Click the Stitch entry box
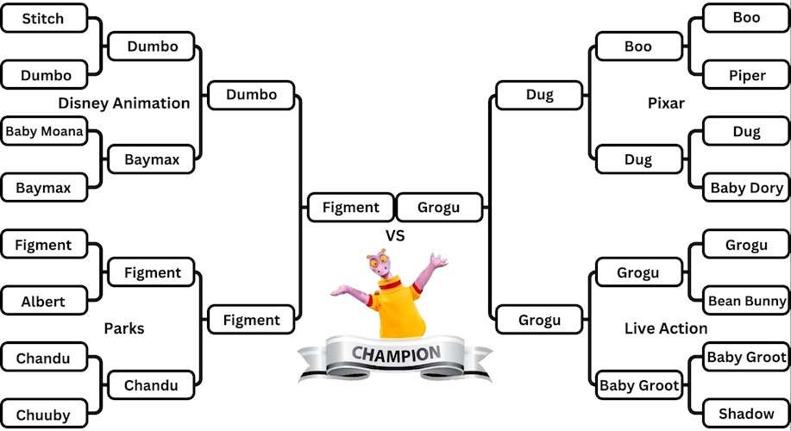pos(44,18)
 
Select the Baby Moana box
pos(44,132)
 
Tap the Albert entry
pos(44,302)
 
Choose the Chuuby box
pos(44,415)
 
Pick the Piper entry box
pos(747,75)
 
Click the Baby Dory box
pos(747,188)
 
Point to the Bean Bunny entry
pos(747,301)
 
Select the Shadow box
pos(747,414)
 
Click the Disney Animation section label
pos(124,103)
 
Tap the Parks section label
pos(124,328)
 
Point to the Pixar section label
pos(666,103)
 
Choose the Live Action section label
pos(666,328)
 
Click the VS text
pos(395,235)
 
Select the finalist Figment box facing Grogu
pos(350,207)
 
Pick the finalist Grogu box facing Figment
pos(439,207)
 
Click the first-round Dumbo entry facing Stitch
pos(44,75)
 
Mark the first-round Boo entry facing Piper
pos(747,18)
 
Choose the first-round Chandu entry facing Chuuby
pos(44,358)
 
